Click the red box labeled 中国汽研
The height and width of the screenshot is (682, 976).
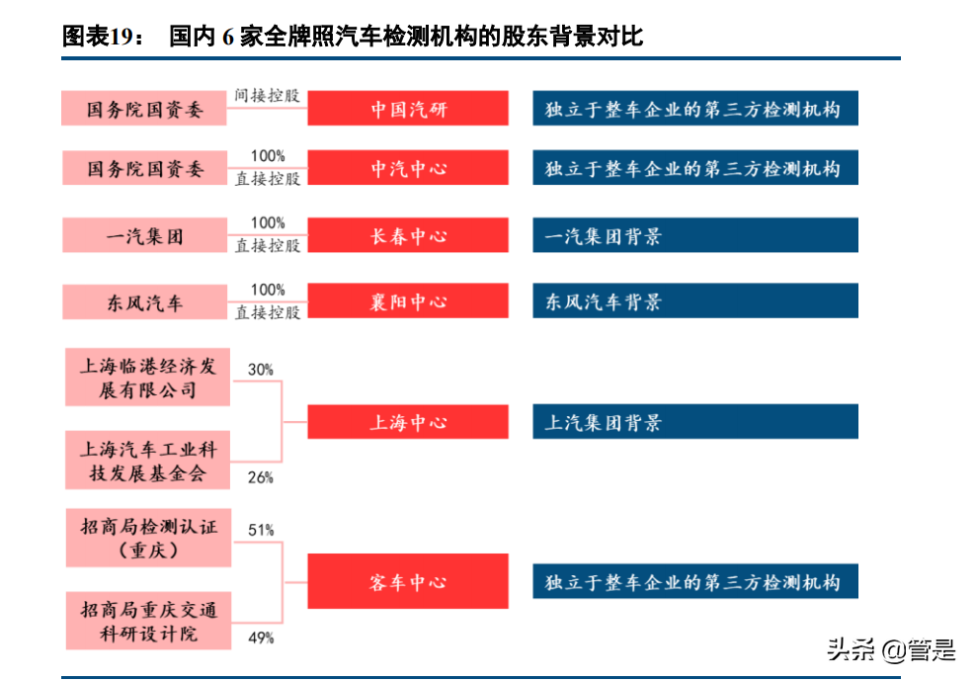pyautogui.click(x=408, y=109)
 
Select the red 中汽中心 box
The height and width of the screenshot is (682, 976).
pyautogui.click(x=408, y=169)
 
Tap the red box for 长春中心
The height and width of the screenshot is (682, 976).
pyautogui.click(x=408, y=236)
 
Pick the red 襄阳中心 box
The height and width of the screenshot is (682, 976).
pyautogui.click(x=408, y=301)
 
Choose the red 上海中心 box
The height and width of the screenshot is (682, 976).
pyautogui.click(x=408, y=422)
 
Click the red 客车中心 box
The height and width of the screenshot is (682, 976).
pyautogui.click(x=408, y=581)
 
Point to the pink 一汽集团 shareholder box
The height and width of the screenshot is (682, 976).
pyautogui.click(x=144, y=236)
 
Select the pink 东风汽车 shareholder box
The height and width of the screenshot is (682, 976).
pyautogui.click(x=144, y=301)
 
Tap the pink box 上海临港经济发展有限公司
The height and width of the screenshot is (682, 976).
pyautogui.click(x=148, y=378)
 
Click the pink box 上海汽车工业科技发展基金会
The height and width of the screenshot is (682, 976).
pyautogui.click(x=148, y=461)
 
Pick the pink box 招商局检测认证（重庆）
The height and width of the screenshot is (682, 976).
pyautogui.click(x=148, y=538)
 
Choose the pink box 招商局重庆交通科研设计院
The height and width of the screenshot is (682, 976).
pyautogui.click(x=148, y=621)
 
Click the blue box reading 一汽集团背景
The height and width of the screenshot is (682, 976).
pyautogui.click(x=694, y=236)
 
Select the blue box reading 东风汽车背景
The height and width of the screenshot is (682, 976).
pyautogui.click(x=694, y=301)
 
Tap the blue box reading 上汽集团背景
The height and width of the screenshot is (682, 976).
pyautogui.click(x=694, y=422)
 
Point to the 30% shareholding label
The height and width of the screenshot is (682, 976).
pyautogui.click(x=260, y=369)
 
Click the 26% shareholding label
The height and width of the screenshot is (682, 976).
pyautogui.click(x=260, y=477)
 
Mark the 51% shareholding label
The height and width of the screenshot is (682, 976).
pyautogui.click(x=261, y=530)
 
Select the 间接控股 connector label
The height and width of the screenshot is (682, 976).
pyautogui.click(x=267, y=97)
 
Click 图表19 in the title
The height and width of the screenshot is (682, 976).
pyautogui.click(x=97, y=38)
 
